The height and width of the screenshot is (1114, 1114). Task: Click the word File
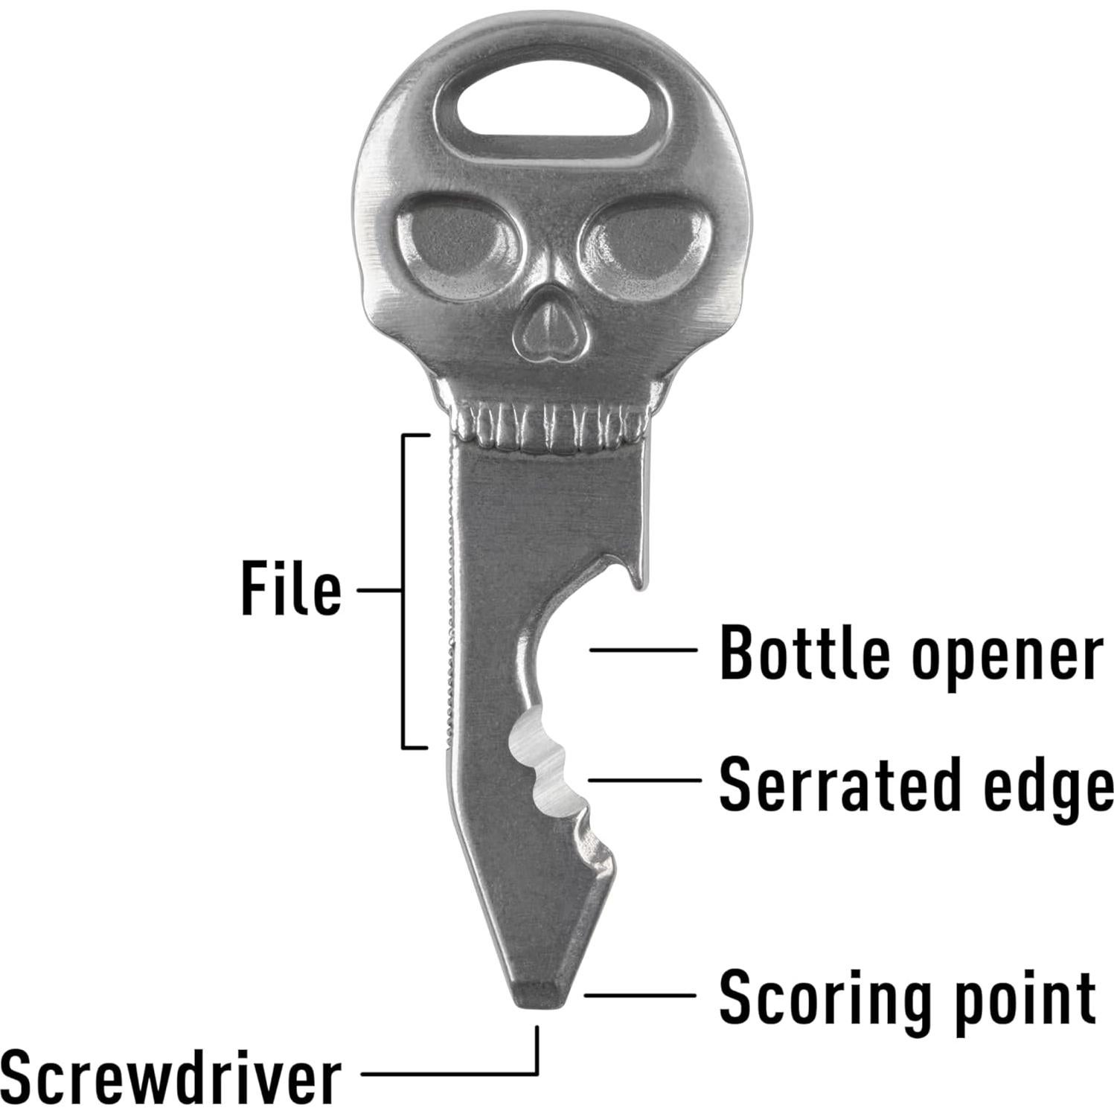coord(291,589)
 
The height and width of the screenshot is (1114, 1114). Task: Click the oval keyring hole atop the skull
coord(549,115)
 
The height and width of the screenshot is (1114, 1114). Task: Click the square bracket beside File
coord(404,590)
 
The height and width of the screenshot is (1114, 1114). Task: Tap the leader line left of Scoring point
coord(640,995)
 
